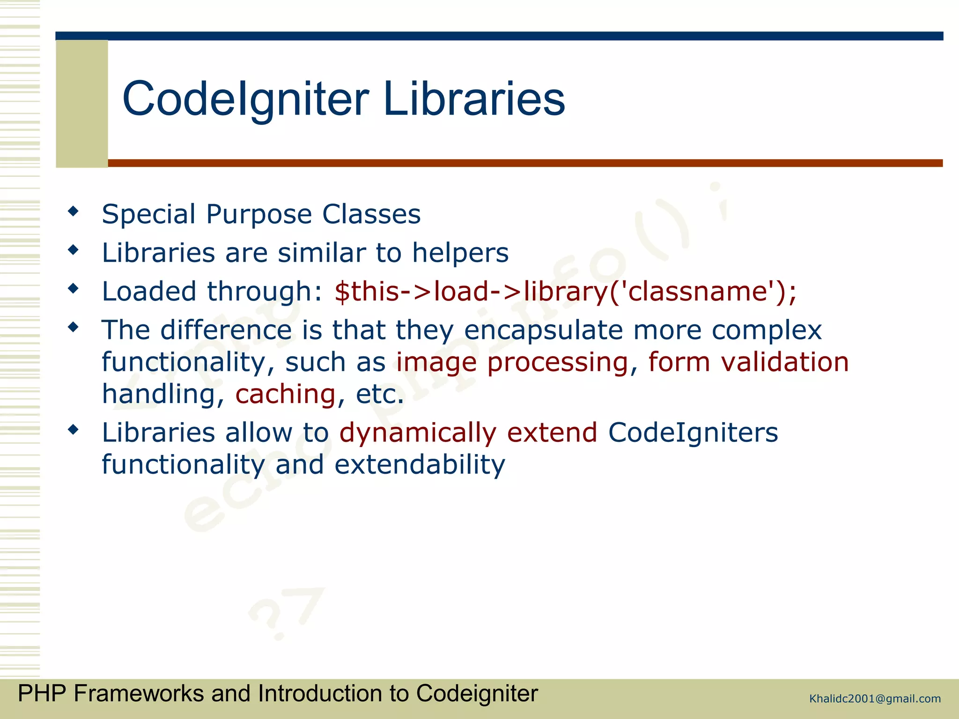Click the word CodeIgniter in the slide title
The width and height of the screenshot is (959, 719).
point(245,99)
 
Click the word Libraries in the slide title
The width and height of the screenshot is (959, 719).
point(474,99)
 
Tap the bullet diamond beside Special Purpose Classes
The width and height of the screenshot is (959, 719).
point(73,211)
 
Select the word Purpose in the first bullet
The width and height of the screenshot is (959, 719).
point(258,215)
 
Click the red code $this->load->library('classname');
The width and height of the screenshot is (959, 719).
point(565,292)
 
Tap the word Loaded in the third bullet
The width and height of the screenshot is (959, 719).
point(149,292)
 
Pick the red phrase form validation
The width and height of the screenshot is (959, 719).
point(748,362)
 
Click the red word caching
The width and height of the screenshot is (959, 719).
point(285,394)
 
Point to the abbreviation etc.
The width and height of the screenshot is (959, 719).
point(379,394)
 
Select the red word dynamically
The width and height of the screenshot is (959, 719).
point(417,433)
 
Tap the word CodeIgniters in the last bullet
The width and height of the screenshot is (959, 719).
point(693,433)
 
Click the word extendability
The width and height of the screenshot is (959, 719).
point(420,465)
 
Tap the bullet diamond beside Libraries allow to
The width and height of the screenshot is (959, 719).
point(73,429)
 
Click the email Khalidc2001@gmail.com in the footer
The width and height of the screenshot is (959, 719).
point(875,699)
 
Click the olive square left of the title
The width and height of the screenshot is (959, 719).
point(82,103)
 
